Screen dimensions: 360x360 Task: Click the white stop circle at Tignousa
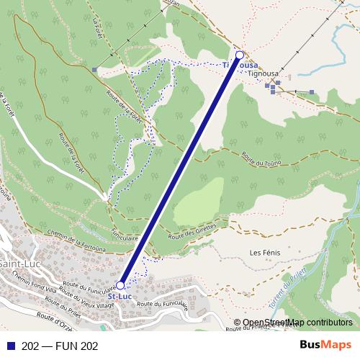pyautogui.click(x=240, y=55)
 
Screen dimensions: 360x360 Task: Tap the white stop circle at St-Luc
pyautogui.click(x=120, y=285)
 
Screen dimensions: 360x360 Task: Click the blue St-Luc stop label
pyautogui.click(x=119, y=296)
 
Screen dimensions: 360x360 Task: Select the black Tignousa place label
pyautogui.click(x=263, y=73)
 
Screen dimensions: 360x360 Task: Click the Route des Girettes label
pyautogui.click(x=192, y=231)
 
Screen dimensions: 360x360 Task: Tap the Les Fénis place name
pyautogui.click(x=264, y=253)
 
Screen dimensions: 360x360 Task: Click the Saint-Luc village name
pyautogui.click(x=13, y=264)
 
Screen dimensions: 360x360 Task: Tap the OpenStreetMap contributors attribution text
pyautogui.click(x=297, y=323)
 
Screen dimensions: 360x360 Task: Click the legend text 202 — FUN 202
pyautogui.click(x=60, y=345)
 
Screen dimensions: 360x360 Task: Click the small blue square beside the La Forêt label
pyautogui.click(x=94, y=69)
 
